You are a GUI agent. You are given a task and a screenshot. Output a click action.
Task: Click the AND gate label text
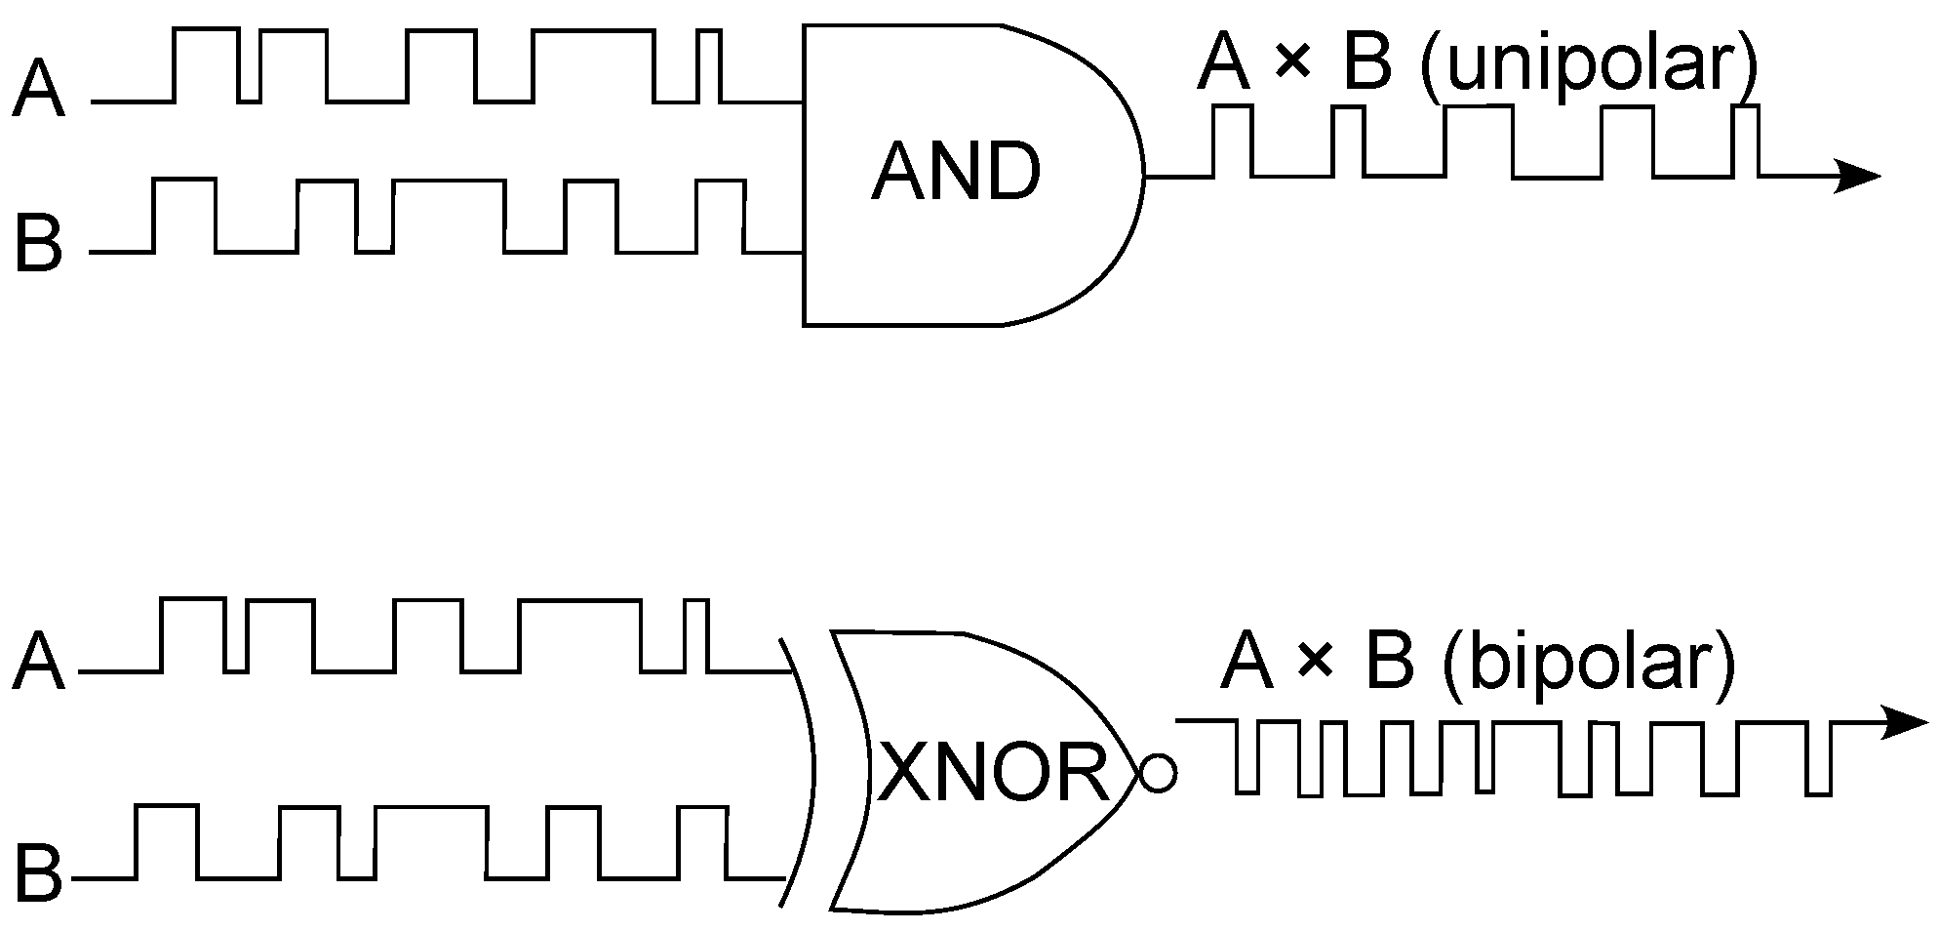pos(956,173)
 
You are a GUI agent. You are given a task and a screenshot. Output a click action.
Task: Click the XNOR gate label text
pos(994,772)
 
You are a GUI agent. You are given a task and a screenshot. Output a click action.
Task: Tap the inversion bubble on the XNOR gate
pos(1158,774)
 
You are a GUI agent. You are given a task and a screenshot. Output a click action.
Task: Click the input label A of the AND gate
pos(38,90)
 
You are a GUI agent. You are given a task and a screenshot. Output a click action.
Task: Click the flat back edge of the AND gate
pos(804,176)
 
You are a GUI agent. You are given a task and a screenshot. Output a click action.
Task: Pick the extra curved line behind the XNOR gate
pos(806,771)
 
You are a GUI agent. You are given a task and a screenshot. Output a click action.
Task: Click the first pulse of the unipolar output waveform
pos(1232,142)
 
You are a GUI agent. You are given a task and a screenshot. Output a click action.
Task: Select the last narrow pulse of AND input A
pos(710,64)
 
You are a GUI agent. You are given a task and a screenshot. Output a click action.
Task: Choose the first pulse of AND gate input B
pos(183,215)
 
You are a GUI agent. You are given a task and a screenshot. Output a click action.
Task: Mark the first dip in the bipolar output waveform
pos(1246,756)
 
